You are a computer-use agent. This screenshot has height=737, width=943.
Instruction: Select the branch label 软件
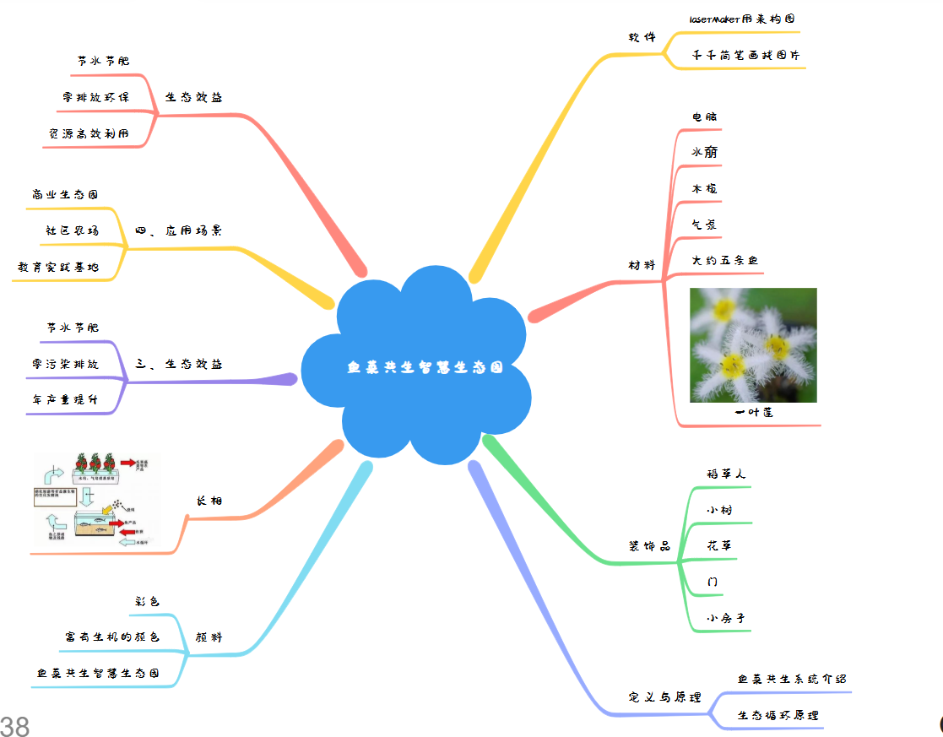pyautogui.click(x=642, y=37)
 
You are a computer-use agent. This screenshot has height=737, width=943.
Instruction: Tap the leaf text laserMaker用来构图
pyautogui.click(x=742, y=19)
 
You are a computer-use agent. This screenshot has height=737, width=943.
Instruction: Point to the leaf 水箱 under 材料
pyautogui.click(x=705, y=152)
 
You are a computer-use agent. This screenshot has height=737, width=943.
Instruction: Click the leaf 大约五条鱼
pyautogui.click(x=724, y=261)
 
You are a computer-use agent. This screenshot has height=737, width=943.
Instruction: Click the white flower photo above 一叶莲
pyautogui.click(x=753, y=344)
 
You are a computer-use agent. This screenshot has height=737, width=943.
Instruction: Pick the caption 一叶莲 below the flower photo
pyautogui.click(x=753, y=413)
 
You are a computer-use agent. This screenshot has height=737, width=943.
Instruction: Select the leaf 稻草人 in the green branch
pyautogui.click(x=726, y=474)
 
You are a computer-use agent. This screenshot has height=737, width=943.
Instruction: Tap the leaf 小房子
pyautogui.click(x=726, y=618)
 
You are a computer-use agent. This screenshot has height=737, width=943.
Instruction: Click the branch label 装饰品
pyautogui.click(x=649, y=545)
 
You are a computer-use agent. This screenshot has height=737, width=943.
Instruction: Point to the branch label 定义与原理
pyautogui.click(x=665, y=697)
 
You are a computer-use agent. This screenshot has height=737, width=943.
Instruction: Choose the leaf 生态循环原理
pyautogui.click(x=778, y=715)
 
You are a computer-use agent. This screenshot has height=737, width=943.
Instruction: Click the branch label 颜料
pyautogui.click(x=209, y=637)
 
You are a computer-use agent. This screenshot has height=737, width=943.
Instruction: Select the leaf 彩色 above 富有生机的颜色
pyautogui.click(x=147, y=601)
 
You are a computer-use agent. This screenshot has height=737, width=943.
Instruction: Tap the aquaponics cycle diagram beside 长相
pyautogui.click(x=96, y=500)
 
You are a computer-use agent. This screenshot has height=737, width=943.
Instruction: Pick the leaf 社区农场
pyautogui.click(x=72, y=230)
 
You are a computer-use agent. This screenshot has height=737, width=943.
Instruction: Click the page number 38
pyautogui.click(x=15, y=725)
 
